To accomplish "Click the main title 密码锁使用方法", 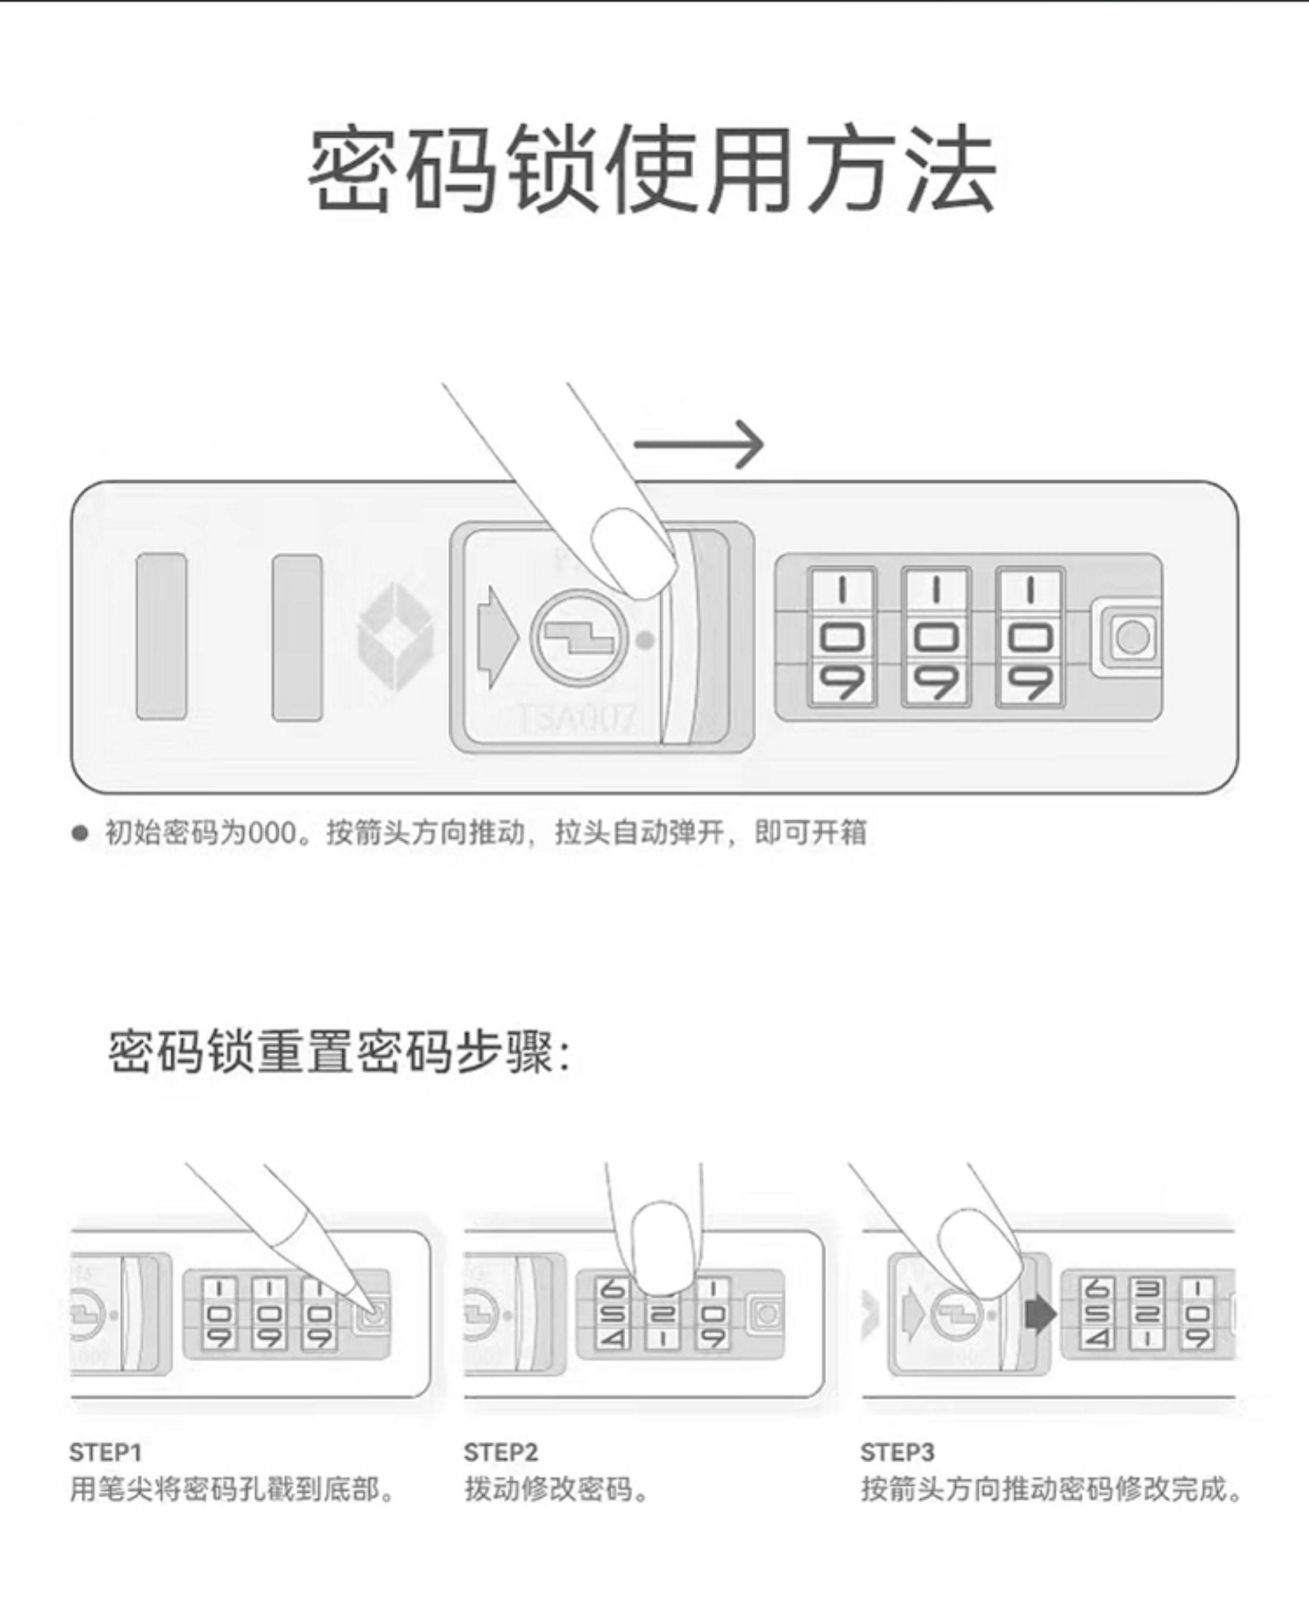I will point(653,171).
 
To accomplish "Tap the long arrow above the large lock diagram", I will point(699,445).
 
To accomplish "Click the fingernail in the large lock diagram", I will point(633,553).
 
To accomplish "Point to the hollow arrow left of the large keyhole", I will point(497,637).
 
